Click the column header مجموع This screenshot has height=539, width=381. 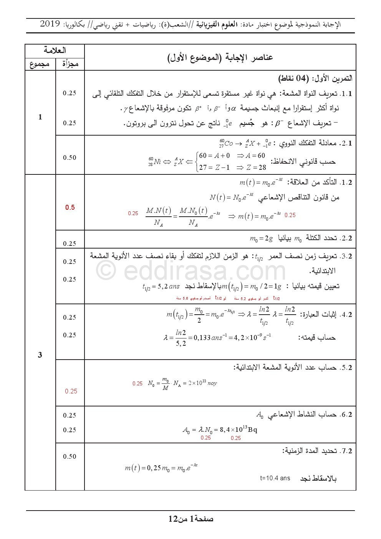[x=40, y=64]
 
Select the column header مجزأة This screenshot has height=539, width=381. [x=70, y=64]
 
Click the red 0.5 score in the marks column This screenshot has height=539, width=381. [x=70, y=207]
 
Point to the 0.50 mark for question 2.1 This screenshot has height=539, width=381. [x=70, y=158]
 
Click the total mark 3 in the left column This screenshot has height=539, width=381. [x=40, y=355]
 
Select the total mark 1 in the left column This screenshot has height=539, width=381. [x=40, y=117]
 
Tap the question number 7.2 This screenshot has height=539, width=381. [x=346, y=451]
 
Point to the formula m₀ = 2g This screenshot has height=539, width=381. [x=261, y=239]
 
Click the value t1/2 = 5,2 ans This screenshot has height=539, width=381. [x=161, y=286]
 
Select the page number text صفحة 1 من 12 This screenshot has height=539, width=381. [x=191, y=519]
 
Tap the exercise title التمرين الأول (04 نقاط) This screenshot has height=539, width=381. [x=315, y=79]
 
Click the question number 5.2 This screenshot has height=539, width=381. [x=346, y=368]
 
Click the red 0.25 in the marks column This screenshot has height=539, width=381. [x=71, y=391]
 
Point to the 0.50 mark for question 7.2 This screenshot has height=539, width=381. [x=70, y=456]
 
